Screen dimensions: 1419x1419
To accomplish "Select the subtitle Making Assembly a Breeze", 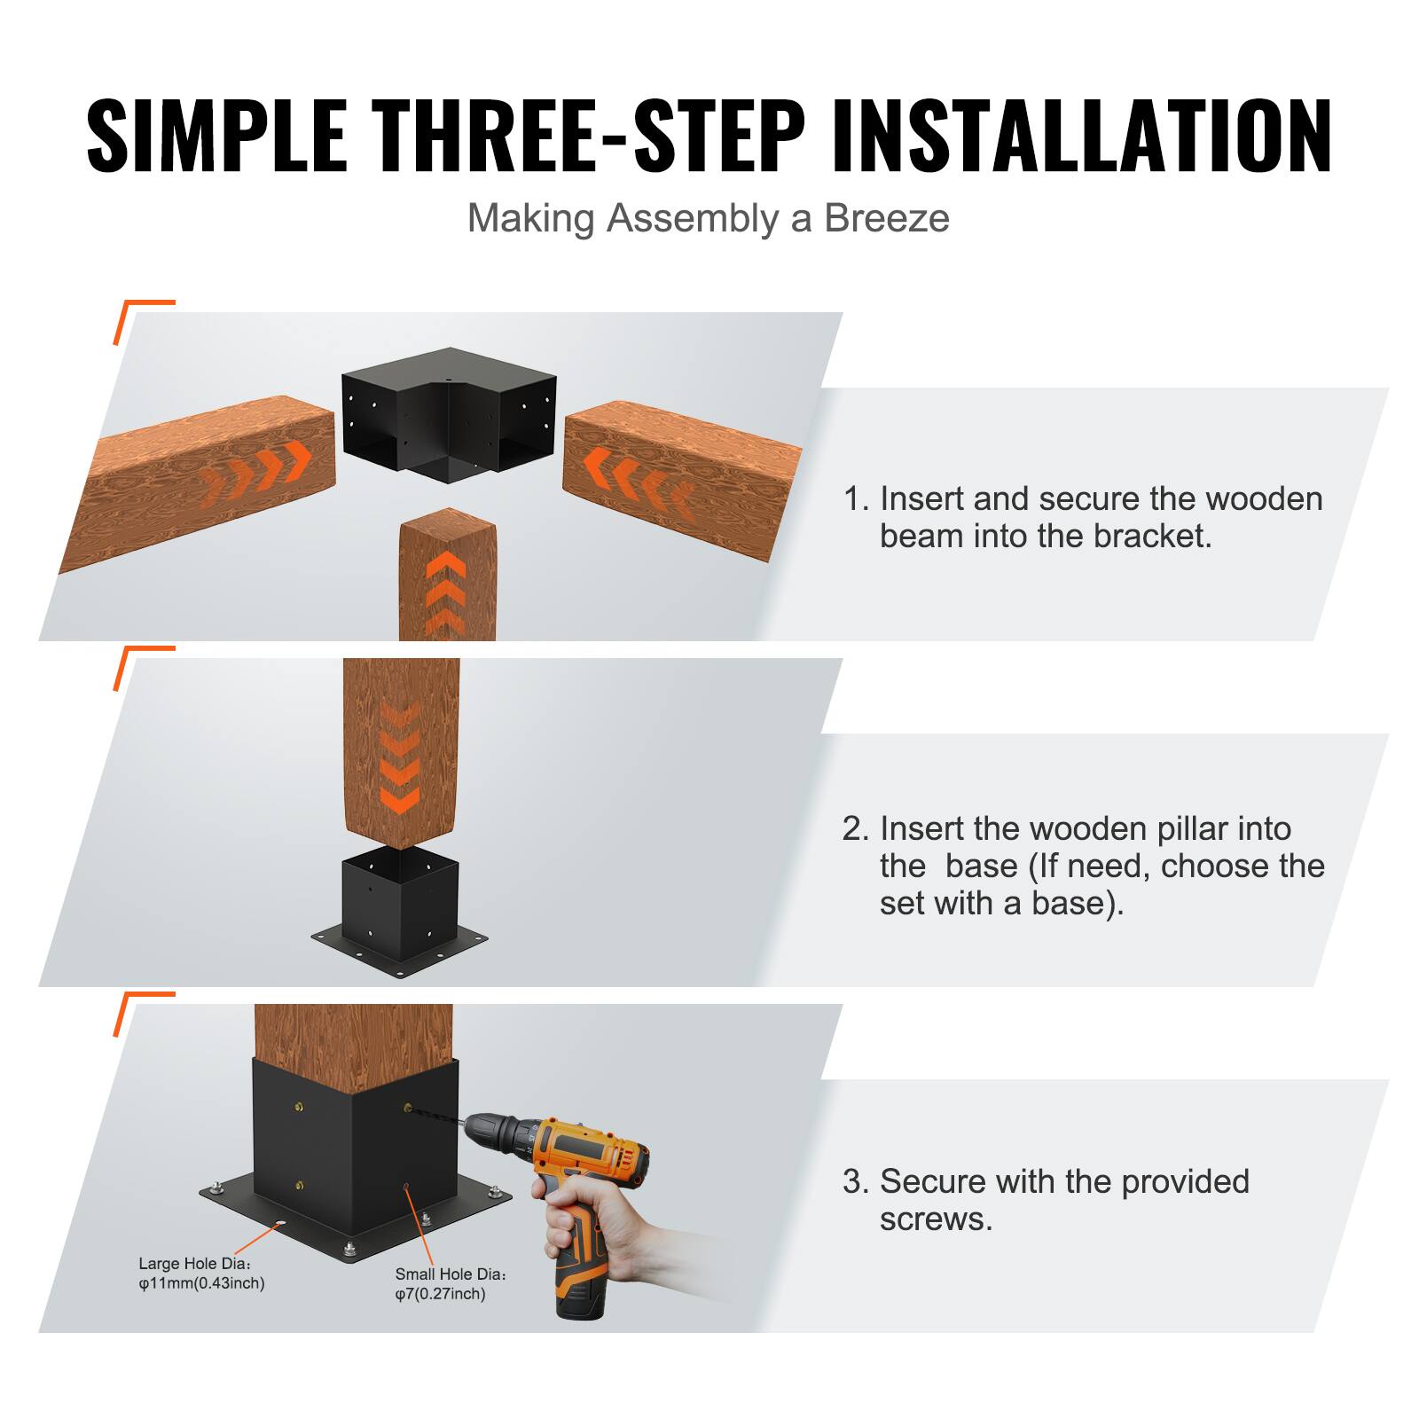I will click(x=708, y=218).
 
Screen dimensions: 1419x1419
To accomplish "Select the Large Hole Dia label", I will click(x=195, y=1263).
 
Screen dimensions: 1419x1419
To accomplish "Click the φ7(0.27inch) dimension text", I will click(x=440, y=1294).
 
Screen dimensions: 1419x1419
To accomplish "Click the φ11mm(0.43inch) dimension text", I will click(x=201, y=1283).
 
